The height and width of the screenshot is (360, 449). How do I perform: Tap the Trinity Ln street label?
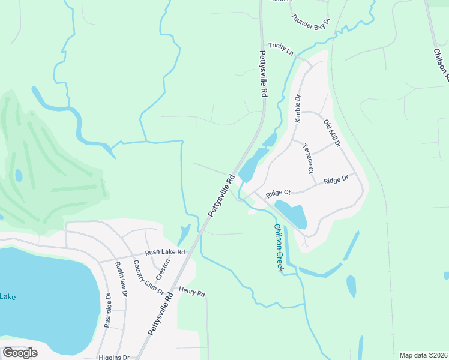click(280, 49)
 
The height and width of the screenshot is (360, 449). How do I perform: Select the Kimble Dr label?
click(297, 108)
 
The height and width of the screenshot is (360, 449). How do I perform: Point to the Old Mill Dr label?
click(331, 134)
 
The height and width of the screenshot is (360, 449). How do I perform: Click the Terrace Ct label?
click(308, 158)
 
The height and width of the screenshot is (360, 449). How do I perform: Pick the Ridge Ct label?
click(278, 193)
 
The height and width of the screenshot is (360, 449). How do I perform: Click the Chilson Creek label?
click(278, 248)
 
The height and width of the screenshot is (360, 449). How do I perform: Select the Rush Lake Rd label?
click(164, 253)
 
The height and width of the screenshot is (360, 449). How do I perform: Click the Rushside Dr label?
click(108, 310)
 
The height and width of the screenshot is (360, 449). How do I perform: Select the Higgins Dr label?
click(113, 357)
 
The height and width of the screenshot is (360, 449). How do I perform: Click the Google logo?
click(20, 353)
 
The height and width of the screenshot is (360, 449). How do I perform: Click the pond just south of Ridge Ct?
click(292, 214)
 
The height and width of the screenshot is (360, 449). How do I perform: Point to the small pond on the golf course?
click(19, 175)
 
